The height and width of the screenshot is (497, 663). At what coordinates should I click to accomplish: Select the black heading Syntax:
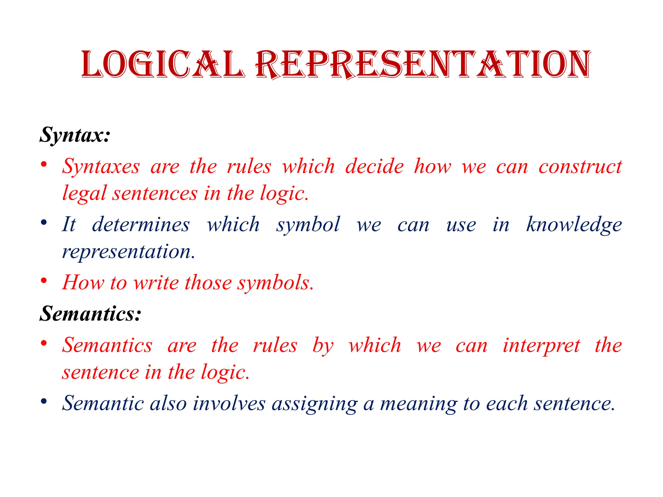coord(75,135)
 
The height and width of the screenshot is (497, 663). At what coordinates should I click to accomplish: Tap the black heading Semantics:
coord(90,314)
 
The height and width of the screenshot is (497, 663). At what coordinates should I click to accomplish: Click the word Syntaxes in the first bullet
coord(101,167)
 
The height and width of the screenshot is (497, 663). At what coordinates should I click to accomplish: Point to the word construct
coord(580,167)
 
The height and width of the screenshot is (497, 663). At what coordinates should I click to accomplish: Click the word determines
coord(141,225)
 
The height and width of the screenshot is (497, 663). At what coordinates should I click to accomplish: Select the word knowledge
coord(574,225)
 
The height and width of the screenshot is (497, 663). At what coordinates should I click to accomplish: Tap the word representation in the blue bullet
coord(129,251)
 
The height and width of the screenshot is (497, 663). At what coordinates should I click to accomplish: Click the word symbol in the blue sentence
coord(308,225)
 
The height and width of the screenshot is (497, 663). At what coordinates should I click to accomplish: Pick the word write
coord(156,282)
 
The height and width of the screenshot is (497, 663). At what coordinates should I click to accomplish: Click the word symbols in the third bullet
coord(275,282)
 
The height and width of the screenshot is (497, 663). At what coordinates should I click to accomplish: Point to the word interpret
coord(541,346)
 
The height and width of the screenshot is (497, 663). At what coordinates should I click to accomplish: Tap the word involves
coord(229,404)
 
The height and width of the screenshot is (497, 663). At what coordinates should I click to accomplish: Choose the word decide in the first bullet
coord(375,167)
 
